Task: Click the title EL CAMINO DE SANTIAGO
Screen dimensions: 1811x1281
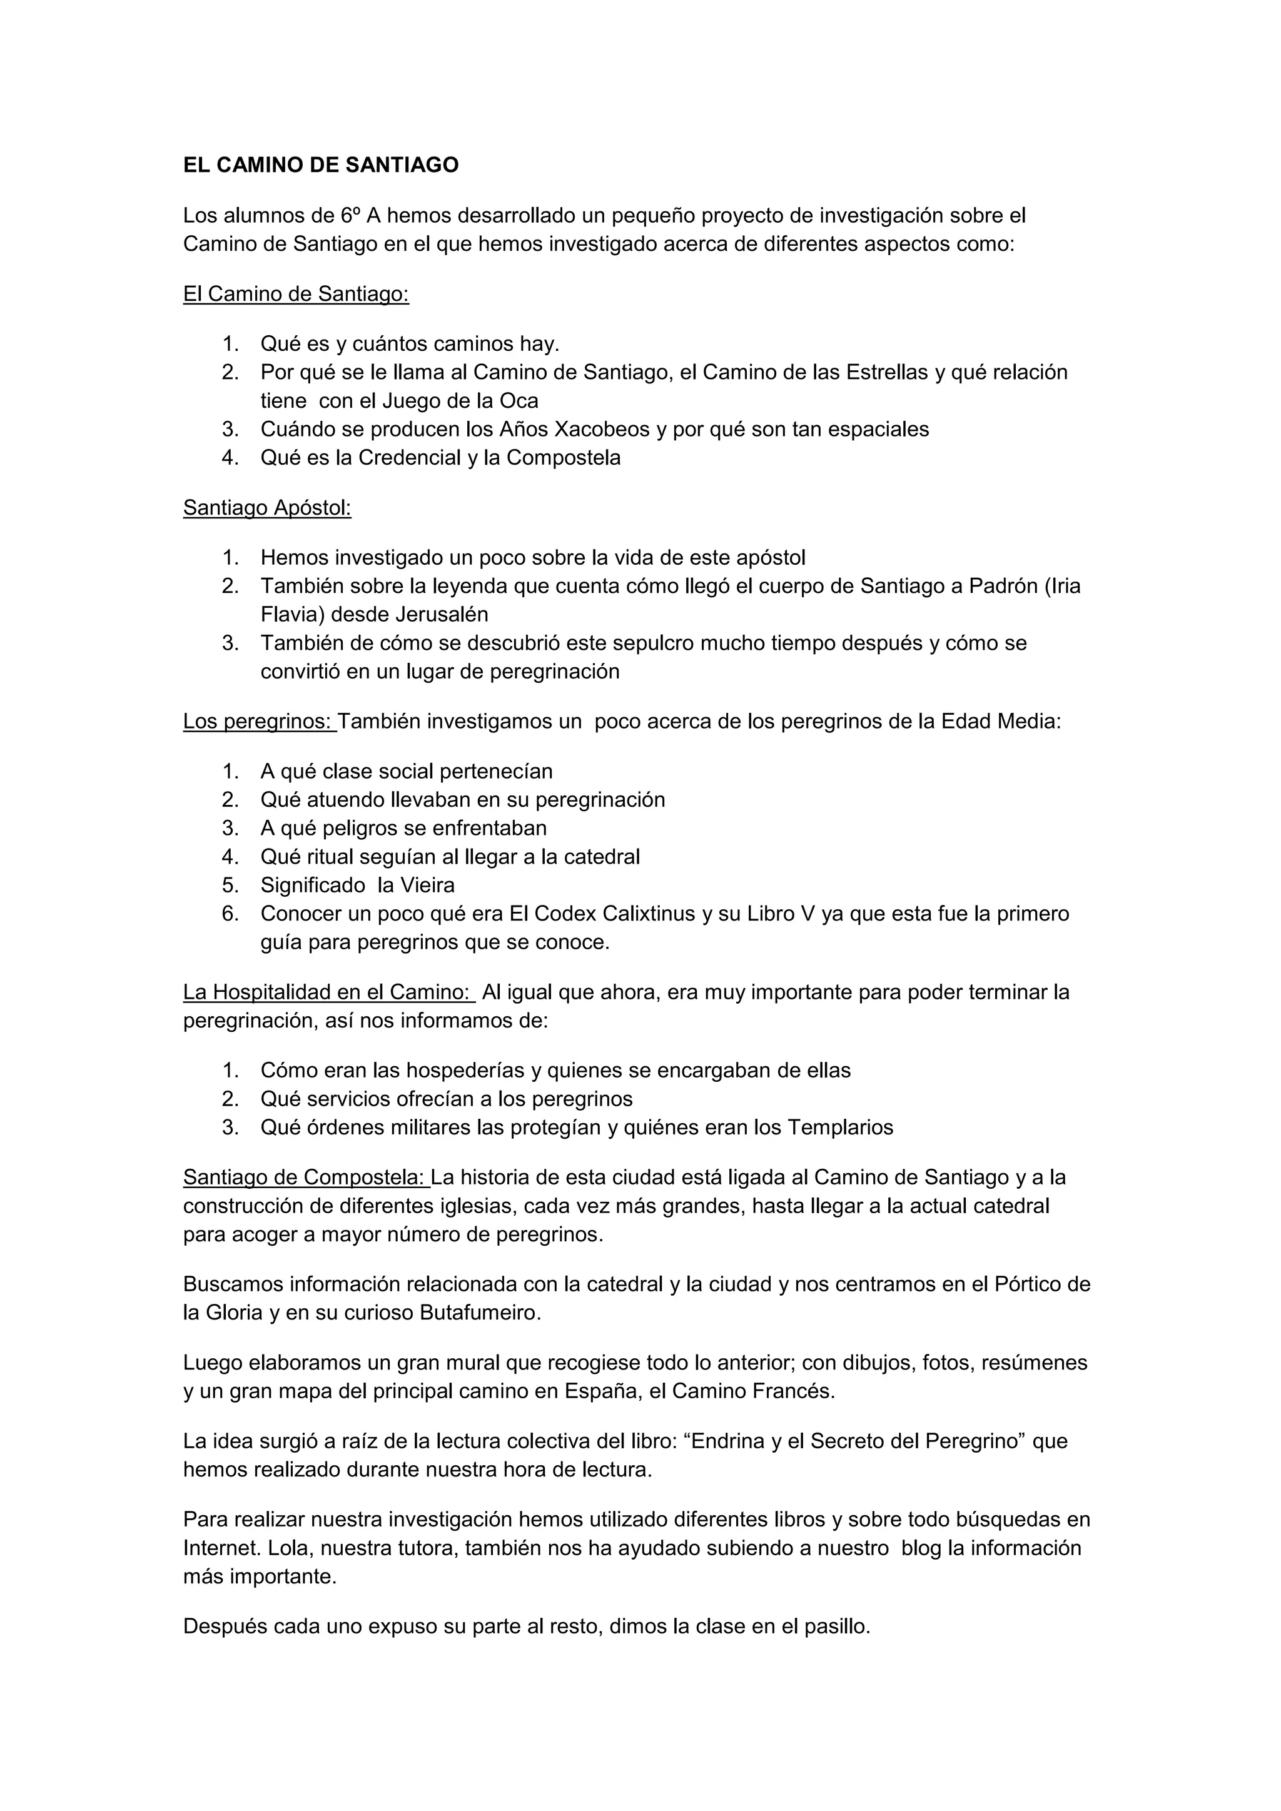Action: [320, 166]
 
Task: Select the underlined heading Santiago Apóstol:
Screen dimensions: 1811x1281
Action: [266, 508]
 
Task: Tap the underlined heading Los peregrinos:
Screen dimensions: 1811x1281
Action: [259, 722]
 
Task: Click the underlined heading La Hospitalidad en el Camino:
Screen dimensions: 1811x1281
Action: [327, 992]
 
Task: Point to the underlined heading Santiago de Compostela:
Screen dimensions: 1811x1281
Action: [305, 1178]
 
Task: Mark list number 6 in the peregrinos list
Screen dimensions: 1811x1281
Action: [230, 914]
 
